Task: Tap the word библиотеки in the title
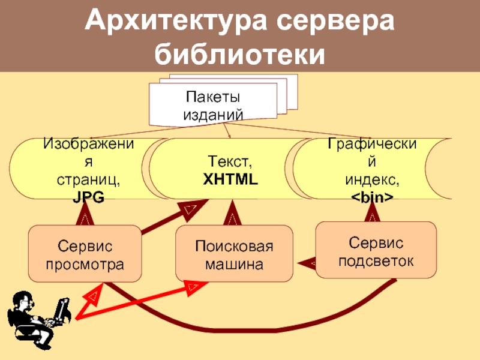pos(240,55)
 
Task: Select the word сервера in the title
pos(335,23)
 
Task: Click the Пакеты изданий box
pos(213,104)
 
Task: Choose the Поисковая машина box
pos(234,254)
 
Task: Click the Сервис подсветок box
pos(376,250)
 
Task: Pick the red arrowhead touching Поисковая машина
pos(193,289)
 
